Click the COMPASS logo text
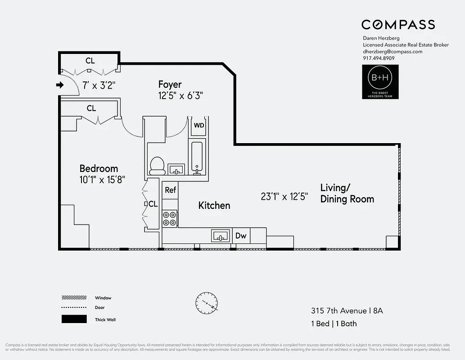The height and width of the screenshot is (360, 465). (398, 25)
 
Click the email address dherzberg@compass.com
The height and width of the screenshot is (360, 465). (393, 51)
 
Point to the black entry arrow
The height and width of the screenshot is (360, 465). (59, 85)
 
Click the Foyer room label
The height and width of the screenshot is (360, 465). (170, 84)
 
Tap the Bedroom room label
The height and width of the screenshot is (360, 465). (99, 169)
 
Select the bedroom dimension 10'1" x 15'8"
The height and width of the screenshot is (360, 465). (102, 179)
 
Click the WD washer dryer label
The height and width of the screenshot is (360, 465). (199, 125)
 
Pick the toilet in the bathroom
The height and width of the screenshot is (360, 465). (157, 166)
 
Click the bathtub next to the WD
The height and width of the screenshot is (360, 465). (198, 156)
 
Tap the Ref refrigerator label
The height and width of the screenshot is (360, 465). (170, 190)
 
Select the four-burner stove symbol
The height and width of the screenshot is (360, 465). (170, 218)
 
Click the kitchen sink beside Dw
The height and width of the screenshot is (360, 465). (221, 235)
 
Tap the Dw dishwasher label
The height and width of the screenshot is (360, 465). (241, 235)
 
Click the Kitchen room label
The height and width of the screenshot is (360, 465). (214, 206)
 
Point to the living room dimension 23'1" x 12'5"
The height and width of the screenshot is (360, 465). (284, 196)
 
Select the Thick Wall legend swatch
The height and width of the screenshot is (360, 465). (74, 319)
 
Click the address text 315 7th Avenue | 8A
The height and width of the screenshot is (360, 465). (347, 310)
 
